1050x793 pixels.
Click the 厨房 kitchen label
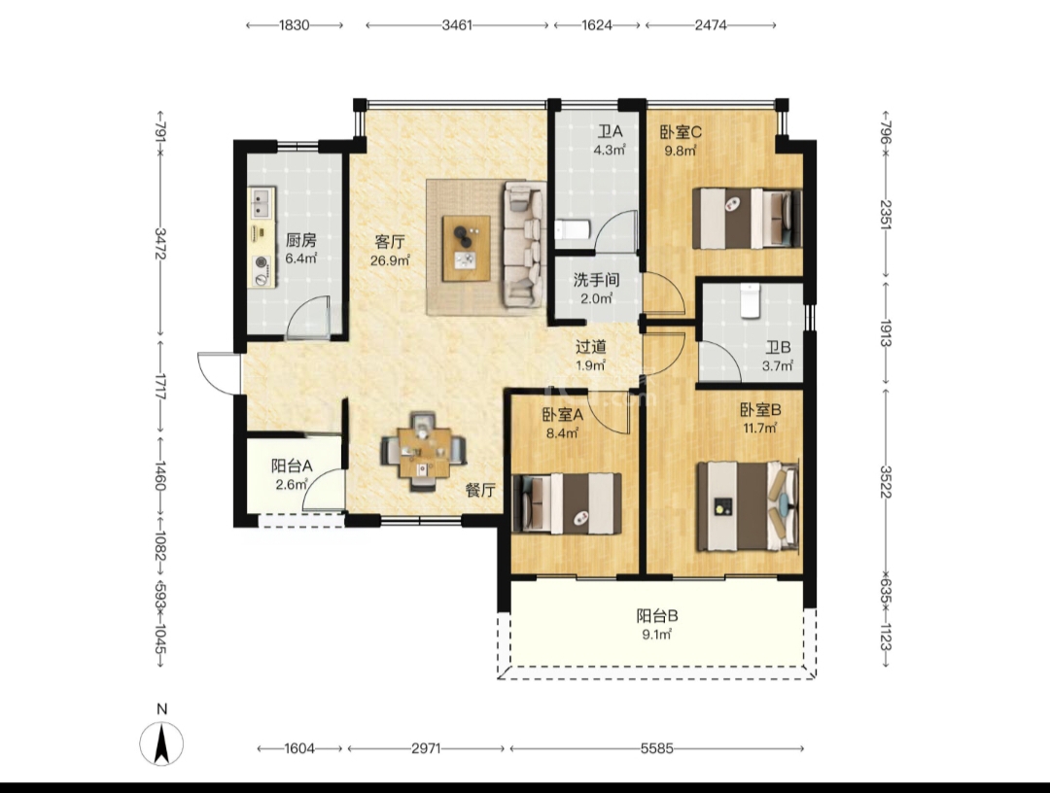pyautogui.click(x=300, y=240)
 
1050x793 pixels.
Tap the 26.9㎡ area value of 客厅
pyautogui.click(x=390, y=260)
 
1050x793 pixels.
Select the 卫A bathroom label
pyautogui.click(x=610, y=131)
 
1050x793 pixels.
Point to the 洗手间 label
pyautogui.click(x=596, y=280)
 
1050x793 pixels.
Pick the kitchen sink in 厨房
pyautogui.click(x=262, y=203)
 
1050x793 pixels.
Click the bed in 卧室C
pyautogui.click(x=747, y=218)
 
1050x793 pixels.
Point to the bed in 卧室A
pyautogui.click(x=567, y=503)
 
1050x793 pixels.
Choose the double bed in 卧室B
pyautogui.click(x=748, y=506)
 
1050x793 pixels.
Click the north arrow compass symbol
pyautogui.click(x=161, y=743)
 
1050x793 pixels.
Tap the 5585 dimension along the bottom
pyautogui.click(x=656, y=749)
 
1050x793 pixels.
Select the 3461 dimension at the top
pyautogui.click(x=457, y=25)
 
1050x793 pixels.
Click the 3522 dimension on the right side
pyautogui.click(x=886, y=481)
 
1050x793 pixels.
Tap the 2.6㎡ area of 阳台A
pyautogui.click(x=292, y=485)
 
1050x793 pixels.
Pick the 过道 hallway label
pyautogui.click(x=591, y=347)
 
